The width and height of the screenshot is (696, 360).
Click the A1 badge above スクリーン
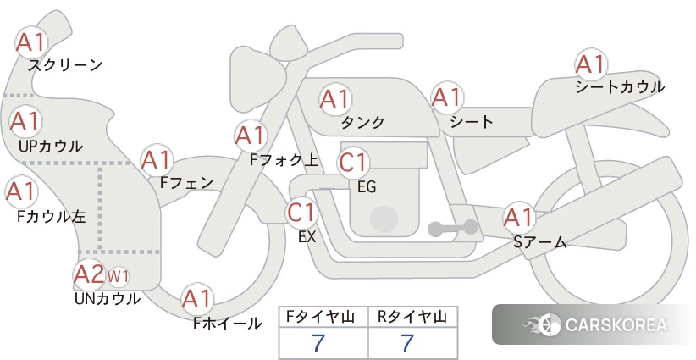click(31, 42)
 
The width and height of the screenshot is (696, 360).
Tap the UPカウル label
click(51, 146)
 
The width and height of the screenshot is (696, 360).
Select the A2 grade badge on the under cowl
click(89, 274)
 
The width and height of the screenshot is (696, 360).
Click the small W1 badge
click(118, 276)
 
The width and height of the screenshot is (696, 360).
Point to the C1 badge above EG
click(353, 162)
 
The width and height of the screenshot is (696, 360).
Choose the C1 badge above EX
click(301, 212)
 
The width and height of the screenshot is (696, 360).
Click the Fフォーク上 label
click(284, 160)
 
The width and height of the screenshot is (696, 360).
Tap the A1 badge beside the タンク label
click(335, 98)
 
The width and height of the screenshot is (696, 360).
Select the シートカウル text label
click(620, 86)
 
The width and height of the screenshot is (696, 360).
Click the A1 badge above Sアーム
click(519, 217)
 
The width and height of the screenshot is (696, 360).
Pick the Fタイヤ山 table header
click(320, 317)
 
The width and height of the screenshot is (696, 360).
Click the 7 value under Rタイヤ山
click(407, 343)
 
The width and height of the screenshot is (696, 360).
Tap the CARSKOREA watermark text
click(616, 324)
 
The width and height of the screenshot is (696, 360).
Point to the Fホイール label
click(227, 324)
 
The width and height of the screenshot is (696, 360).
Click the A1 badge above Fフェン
click(157, 160)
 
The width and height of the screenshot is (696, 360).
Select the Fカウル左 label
click(52, 217)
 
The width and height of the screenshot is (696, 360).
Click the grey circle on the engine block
click(384, 219)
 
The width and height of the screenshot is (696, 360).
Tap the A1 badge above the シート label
click(447, 97)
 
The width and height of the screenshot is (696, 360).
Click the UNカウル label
click(108, 299)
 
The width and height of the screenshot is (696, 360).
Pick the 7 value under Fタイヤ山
click(318, 343)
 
